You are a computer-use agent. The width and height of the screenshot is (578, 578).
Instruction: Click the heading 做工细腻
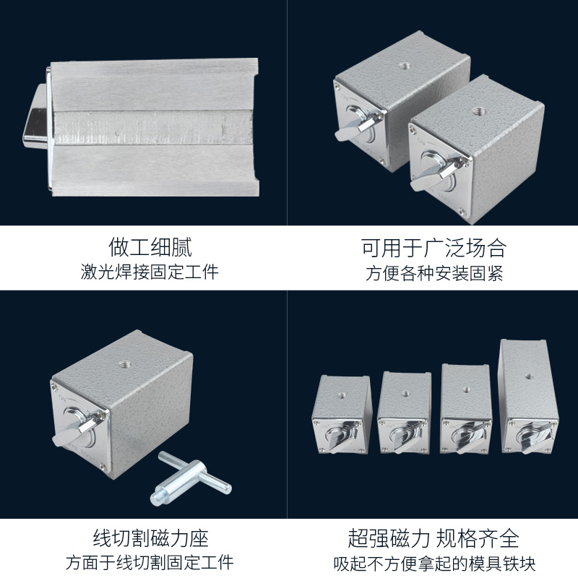click(x=150, y=248)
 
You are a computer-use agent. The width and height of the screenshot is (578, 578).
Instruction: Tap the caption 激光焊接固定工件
click(x=150, y=273)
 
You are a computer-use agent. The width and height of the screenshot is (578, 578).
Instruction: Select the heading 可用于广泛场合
click(x=433, y=248)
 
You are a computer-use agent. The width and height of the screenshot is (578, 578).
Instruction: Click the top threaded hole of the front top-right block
click(x=477, y=111)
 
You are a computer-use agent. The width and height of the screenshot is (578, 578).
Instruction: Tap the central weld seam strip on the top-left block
click(x=152, y=126)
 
